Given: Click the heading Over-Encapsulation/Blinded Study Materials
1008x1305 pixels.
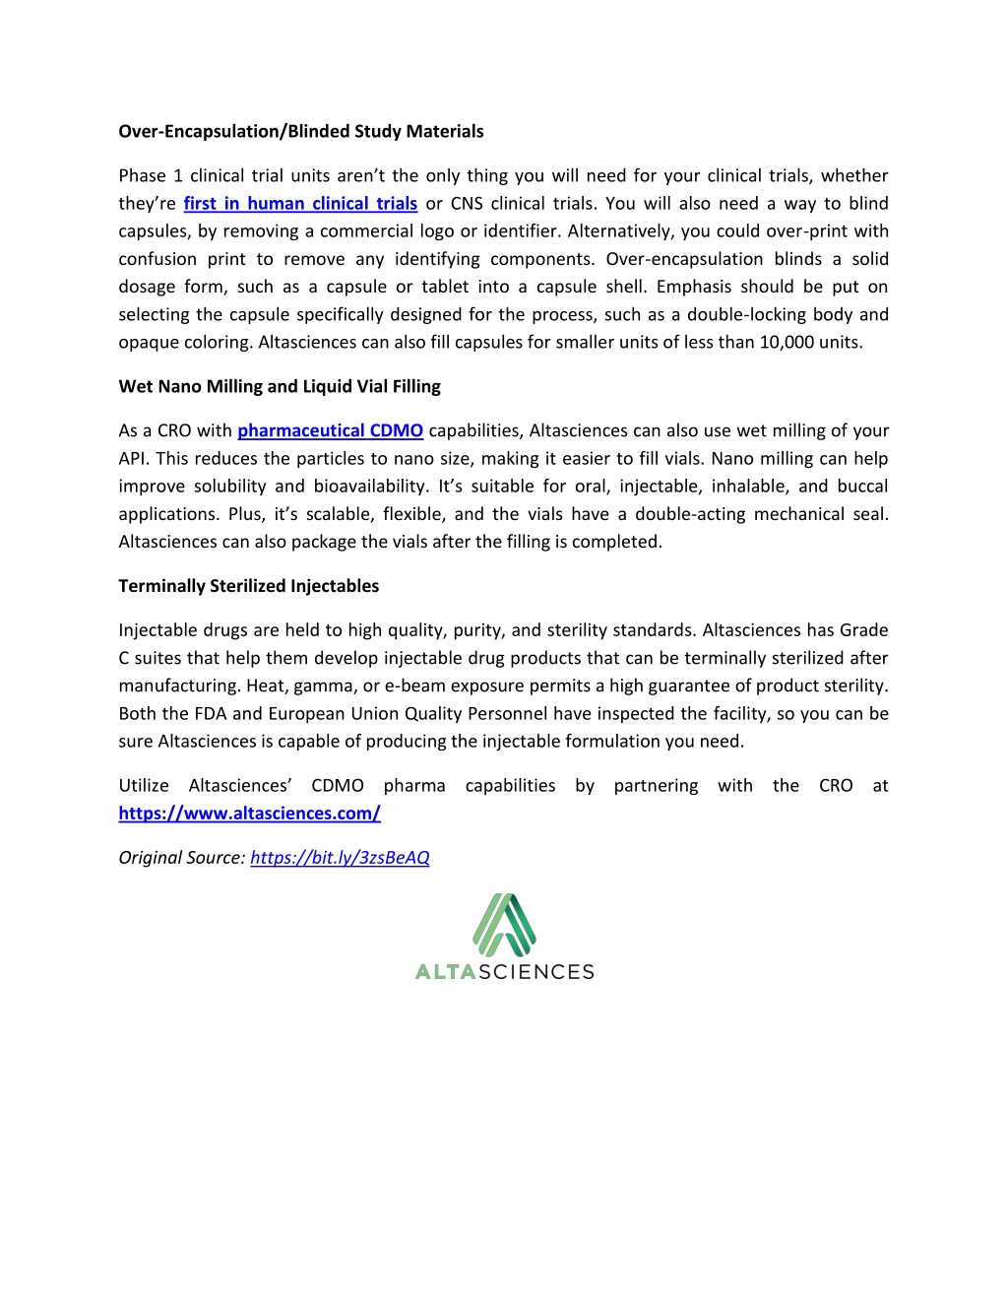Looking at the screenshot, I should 301,132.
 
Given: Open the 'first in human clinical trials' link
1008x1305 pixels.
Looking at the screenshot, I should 300,204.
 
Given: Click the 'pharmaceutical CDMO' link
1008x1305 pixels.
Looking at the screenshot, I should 330,430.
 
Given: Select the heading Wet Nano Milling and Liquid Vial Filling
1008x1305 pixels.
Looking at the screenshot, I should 280,386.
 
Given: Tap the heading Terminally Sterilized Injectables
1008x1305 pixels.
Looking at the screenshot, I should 248,586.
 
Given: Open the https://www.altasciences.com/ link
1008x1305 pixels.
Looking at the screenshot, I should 249,814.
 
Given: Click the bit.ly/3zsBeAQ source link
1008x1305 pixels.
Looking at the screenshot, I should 340,858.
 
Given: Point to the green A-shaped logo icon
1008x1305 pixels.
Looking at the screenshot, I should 504,925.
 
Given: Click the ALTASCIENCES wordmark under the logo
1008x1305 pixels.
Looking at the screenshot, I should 504,972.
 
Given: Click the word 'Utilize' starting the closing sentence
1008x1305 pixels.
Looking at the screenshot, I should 144,786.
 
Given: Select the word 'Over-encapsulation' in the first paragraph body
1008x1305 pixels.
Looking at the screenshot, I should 684,259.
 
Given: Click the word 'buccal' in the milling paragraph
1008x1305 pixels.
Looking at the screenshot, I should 862,487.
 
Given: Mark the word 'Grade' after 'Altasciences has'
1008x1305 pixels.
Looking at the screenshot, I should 863,630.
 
